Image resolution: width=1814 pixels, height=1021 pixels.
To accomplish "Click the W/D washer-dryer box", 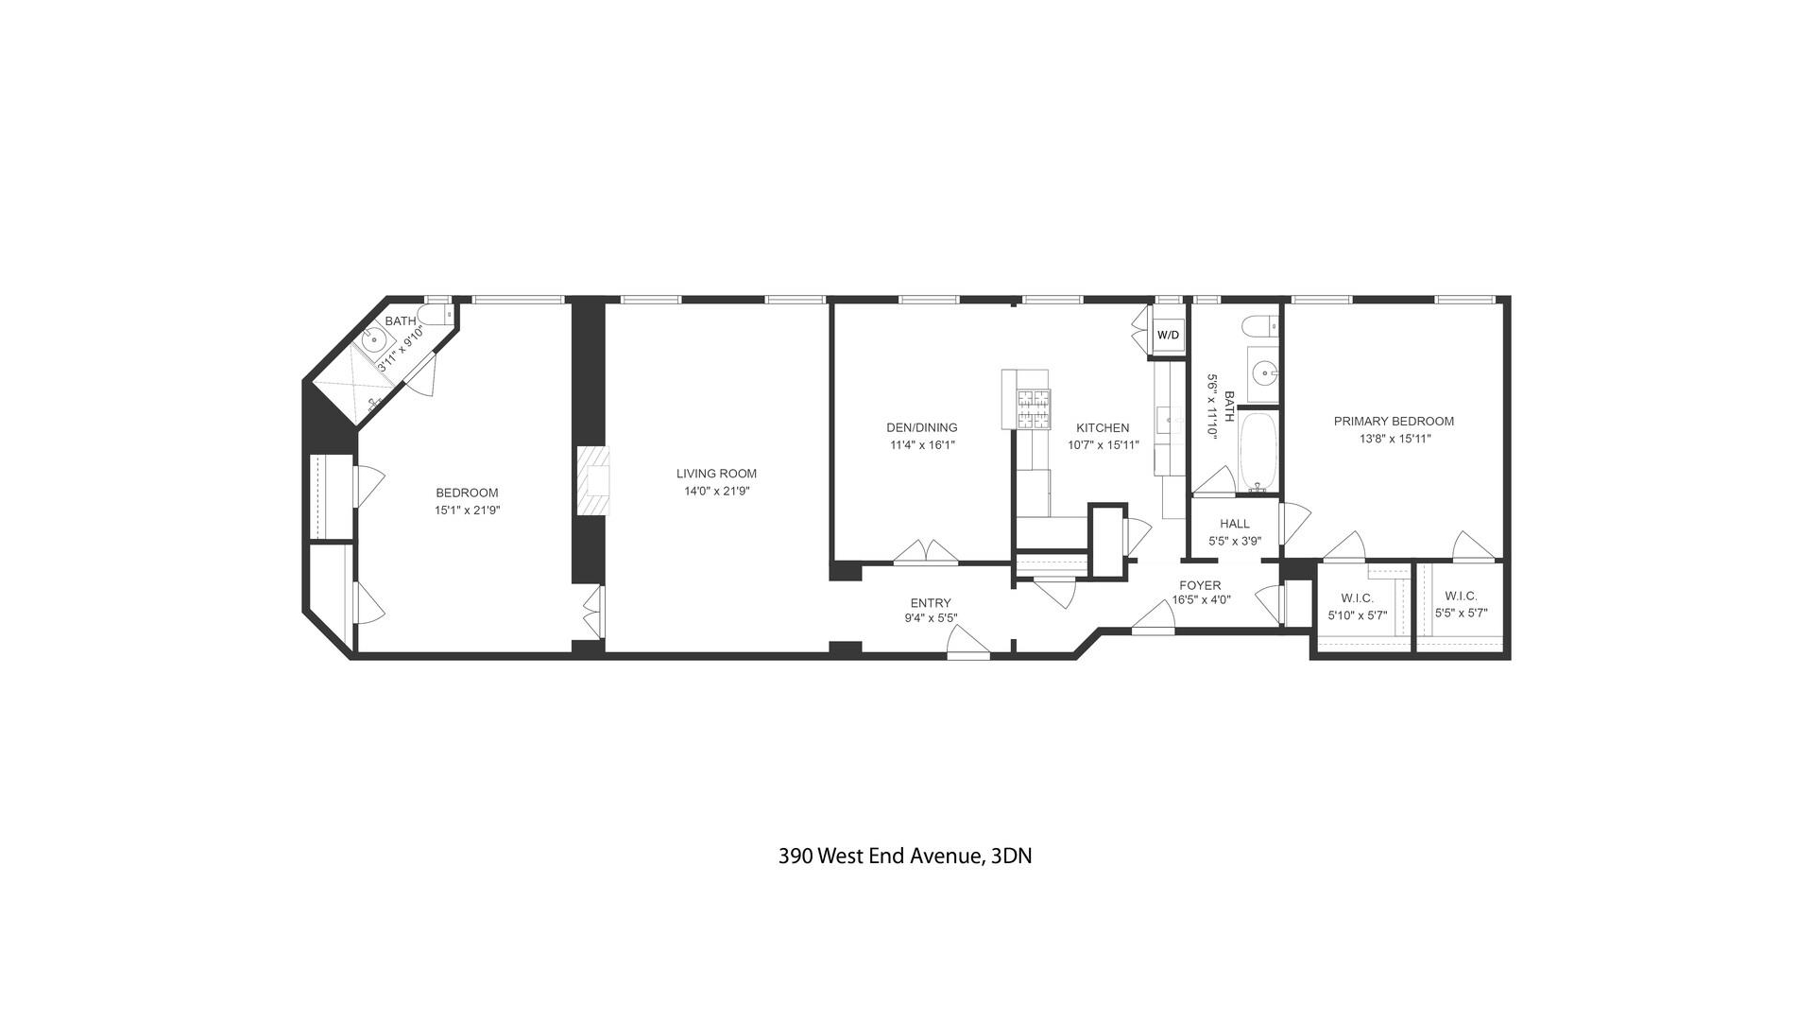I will tap(1169, 336).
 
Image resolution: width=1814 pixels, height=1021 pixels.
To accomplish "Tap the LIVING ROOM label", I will tap(716, 474).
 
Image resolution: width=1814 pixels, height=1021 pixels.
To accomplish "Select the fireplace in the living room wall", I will tap(594, 480).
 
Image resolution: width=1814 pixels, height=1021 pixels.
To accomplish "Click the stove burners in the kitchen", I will tap(1033, 409).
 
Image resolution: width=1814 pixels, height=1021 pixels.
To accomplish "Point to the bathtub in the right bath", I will tap(1258, 451).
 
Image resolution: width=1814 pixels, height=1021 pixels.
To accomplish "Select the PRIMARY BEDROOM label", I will tap(1394, 422).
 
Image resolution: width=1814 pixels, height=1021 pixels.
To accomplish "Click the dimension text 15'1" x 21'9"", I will tap(467, 510).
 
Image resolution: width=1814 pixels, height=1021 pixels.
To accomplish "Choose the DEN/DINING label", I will tap(921, 427).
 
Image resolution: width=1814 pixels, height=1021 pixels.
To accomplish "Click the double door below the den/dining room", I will tap(926, 553).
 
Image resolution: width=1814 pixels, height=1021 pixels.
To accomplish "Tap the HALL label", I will tap(1234, 524).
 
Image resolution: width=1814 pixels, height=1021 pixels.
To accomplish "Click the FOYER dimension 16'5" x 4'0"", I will tap(1201, 599).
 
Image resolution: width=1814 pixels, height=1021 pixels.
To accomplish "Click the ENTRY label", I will tap(931, 603).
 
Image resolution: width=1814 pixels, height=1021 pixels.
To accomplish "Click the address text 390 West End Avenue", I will tap(904, 857).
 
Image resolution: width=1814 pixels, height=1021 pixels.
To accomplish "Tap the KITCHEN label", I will tap(1103, 427).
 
